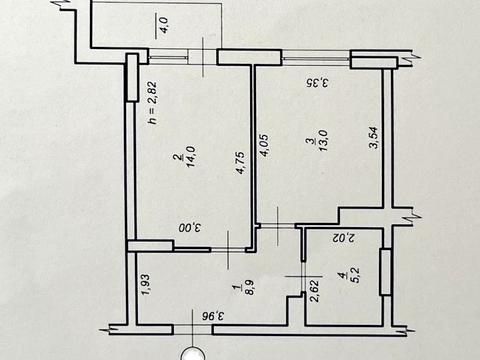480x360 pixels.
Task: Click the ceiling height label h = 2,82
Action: (x=153, y=103)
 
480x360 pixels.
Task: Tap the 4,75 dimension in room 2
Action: (x=241, y=163)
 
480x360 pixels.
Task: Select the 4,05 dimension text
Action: (x=265, y=145)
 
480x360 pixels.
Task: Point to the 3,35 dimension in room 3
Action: (x=317, y=82)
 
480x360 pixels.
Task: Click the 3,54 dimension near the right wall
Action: (x=373, y=137)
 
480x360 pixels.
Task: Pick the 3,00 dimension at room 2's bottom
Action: (x=190, y=228)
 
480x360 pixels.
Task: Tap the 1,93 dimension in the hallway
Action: (x=146, y=284)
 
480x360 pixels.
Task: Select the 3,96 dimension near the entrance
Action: (x=214, y=315)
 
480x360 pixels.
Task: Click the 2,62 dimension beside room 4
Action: (x=315, y=291)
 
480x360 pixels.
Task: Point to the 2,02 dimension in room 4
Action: (x=344, y=238)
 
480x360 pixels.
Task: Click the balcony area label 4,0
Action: (x=165, y=24)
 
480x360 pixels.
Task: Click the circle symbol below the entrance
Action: (x=192, y=355)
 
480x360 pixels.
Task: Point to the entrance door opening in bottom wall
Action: (x=193, y=330)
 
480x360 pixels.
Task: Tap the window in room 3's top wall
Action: (x=316, y=58)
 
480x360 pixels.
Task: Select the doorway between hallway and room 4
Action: (x=303, y=276)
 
